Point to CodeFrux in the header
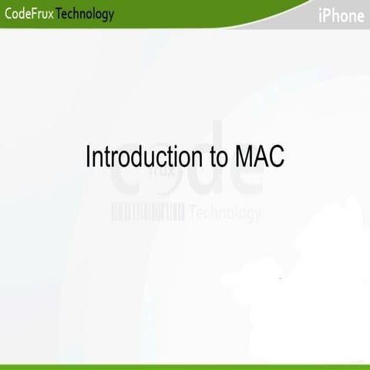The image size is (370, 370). tap(29, 14)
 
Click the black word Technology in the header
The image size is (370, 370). tap(86, 14)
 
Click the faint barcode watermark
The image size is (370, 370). tap(148, 213)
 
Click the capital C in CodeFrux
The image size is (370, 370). tap(8, 14)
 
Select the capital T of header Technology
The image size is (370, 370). tap(60, 14)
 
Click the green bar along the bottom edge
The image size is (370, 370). tap(185, 366)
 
